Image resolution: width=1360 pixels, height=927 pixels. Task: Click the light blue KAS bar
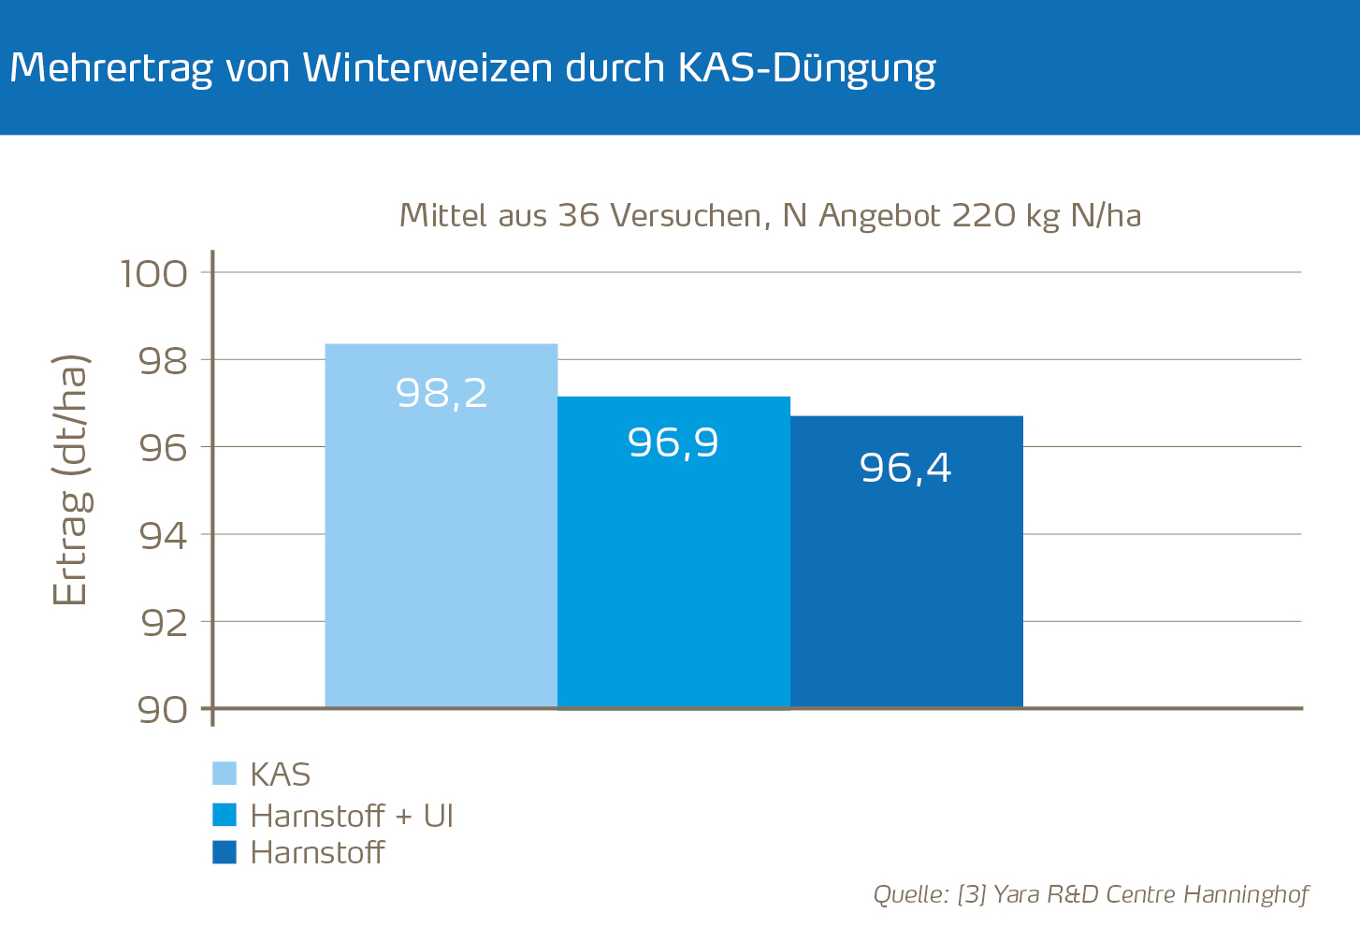coord(441,543)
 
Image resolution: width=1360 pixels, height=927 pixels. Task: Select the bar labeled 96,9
coord(673,561)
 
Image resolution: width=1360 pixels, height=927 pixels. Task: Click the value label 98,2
coord(441,393)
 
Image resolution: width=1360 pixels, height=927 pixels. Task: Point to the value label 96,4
coord(905,468)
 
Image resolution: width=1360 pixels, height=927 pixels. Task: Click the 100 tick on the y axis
coord(154,274)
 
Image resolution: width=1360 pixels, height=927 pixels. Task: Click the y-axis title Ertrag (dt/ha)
coord(71,480)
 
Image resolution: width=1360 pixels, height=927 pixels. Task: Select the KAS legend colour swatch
coord(224,774)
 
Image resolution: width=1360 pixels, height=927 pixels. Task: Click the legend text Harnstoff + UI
coord(352,816)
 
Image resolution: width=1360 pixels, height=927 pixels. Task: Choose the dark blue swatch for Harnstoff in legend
coord(224,852)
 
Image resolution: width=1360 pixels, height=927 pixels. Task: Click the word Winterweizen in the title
coord(427,68)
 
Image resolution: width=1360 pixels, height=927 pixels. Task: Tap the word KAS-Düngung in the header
coord(805,68)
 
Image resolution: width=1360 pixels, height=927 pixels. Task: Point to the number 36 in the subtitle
coord(578,216)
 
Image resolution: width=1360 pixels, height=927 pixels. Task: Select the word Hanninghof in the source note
coord(1246,894)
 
